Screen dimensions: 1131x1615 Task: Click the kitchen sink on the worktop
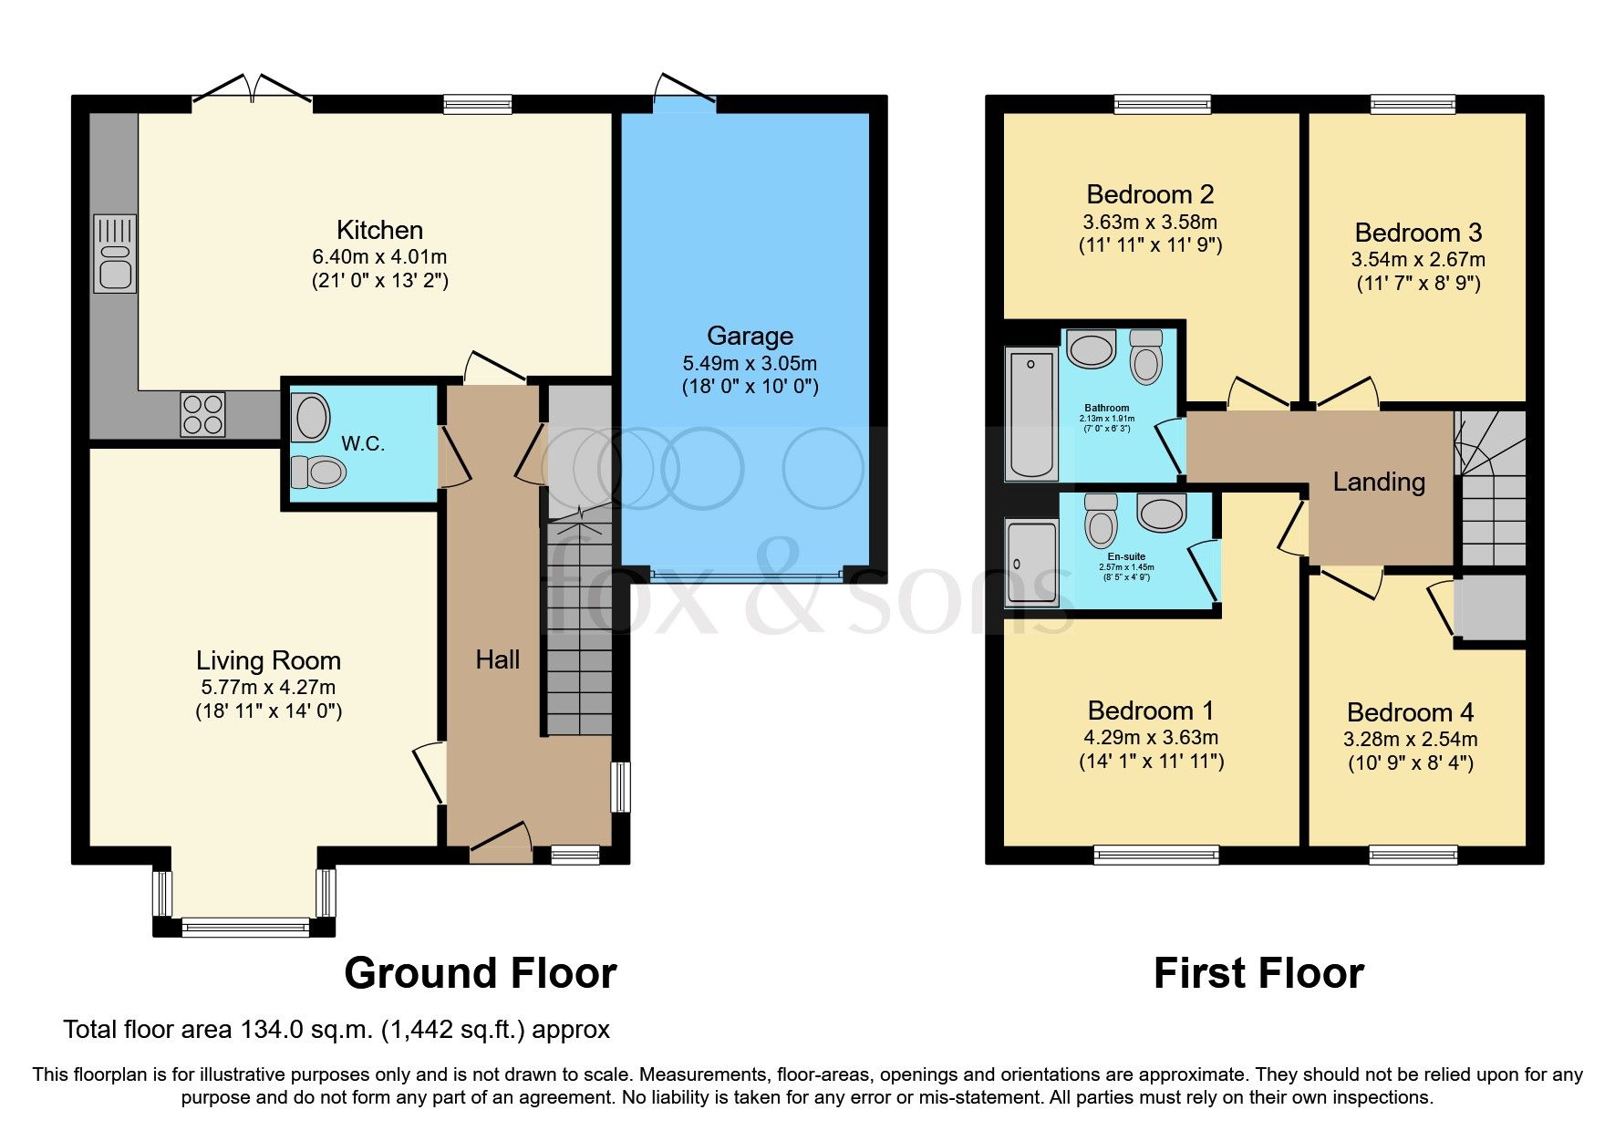(x=115, y=254)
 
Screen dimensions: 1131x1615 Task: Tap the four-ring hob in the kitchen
(x=202, y=414)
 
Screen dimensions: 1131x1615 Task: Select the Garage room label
(x=750, y=336)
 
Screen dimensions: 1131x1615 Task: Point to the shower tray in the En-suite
(x=1031, y=563)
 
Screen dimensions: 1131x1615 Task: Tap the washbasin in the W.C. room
(x=312, y=418)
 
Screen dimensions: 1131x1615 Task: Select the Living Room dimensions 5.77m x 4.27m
(x=268, y=687)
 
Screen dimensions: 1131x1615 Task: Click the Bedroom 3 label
(x=1418, y=233)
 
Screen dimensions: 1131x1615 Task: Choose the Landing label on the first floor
(x=1378, y=482)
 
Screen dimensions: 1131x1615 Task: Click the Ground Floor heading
(x=480, y=973)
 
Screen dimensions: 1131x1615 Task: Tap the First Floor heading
(x=1258, y=973)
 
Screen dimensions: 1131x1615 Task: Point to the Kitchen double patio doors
(x=253, y=91)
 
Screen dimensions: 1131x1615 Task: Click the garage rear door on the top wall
(x=684, y=94)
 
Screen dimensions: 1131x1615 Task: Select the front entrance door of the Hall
(x=501, y=844)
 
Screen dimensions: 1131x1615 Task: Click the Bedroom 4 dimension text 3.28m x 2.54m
(x=1410, y=739)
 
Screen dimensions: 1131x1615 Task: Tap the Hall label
(x=497, y=659)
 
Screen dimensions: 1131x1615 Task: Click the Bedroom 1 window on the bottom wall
(x=1156, y=855)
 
